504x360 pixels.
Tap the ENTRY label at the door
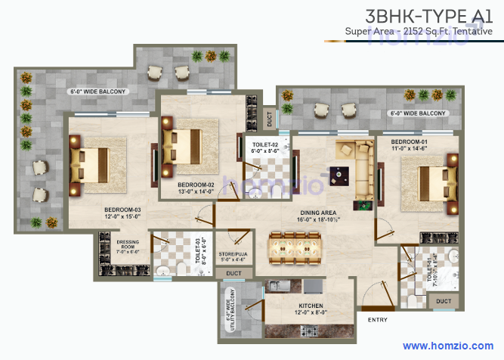[x=377, y=320]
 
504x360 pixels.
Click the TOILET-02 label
[x=265, y=144]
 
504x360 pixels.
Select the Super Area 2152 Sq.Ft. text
[x=418, y=31]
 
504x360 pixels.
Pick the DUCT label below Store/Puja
[x=234, y=273]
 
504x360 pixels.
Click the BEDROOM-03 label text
[x=122, y=209]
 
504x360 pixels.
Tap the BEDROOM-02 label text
[x=196, y=185]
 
